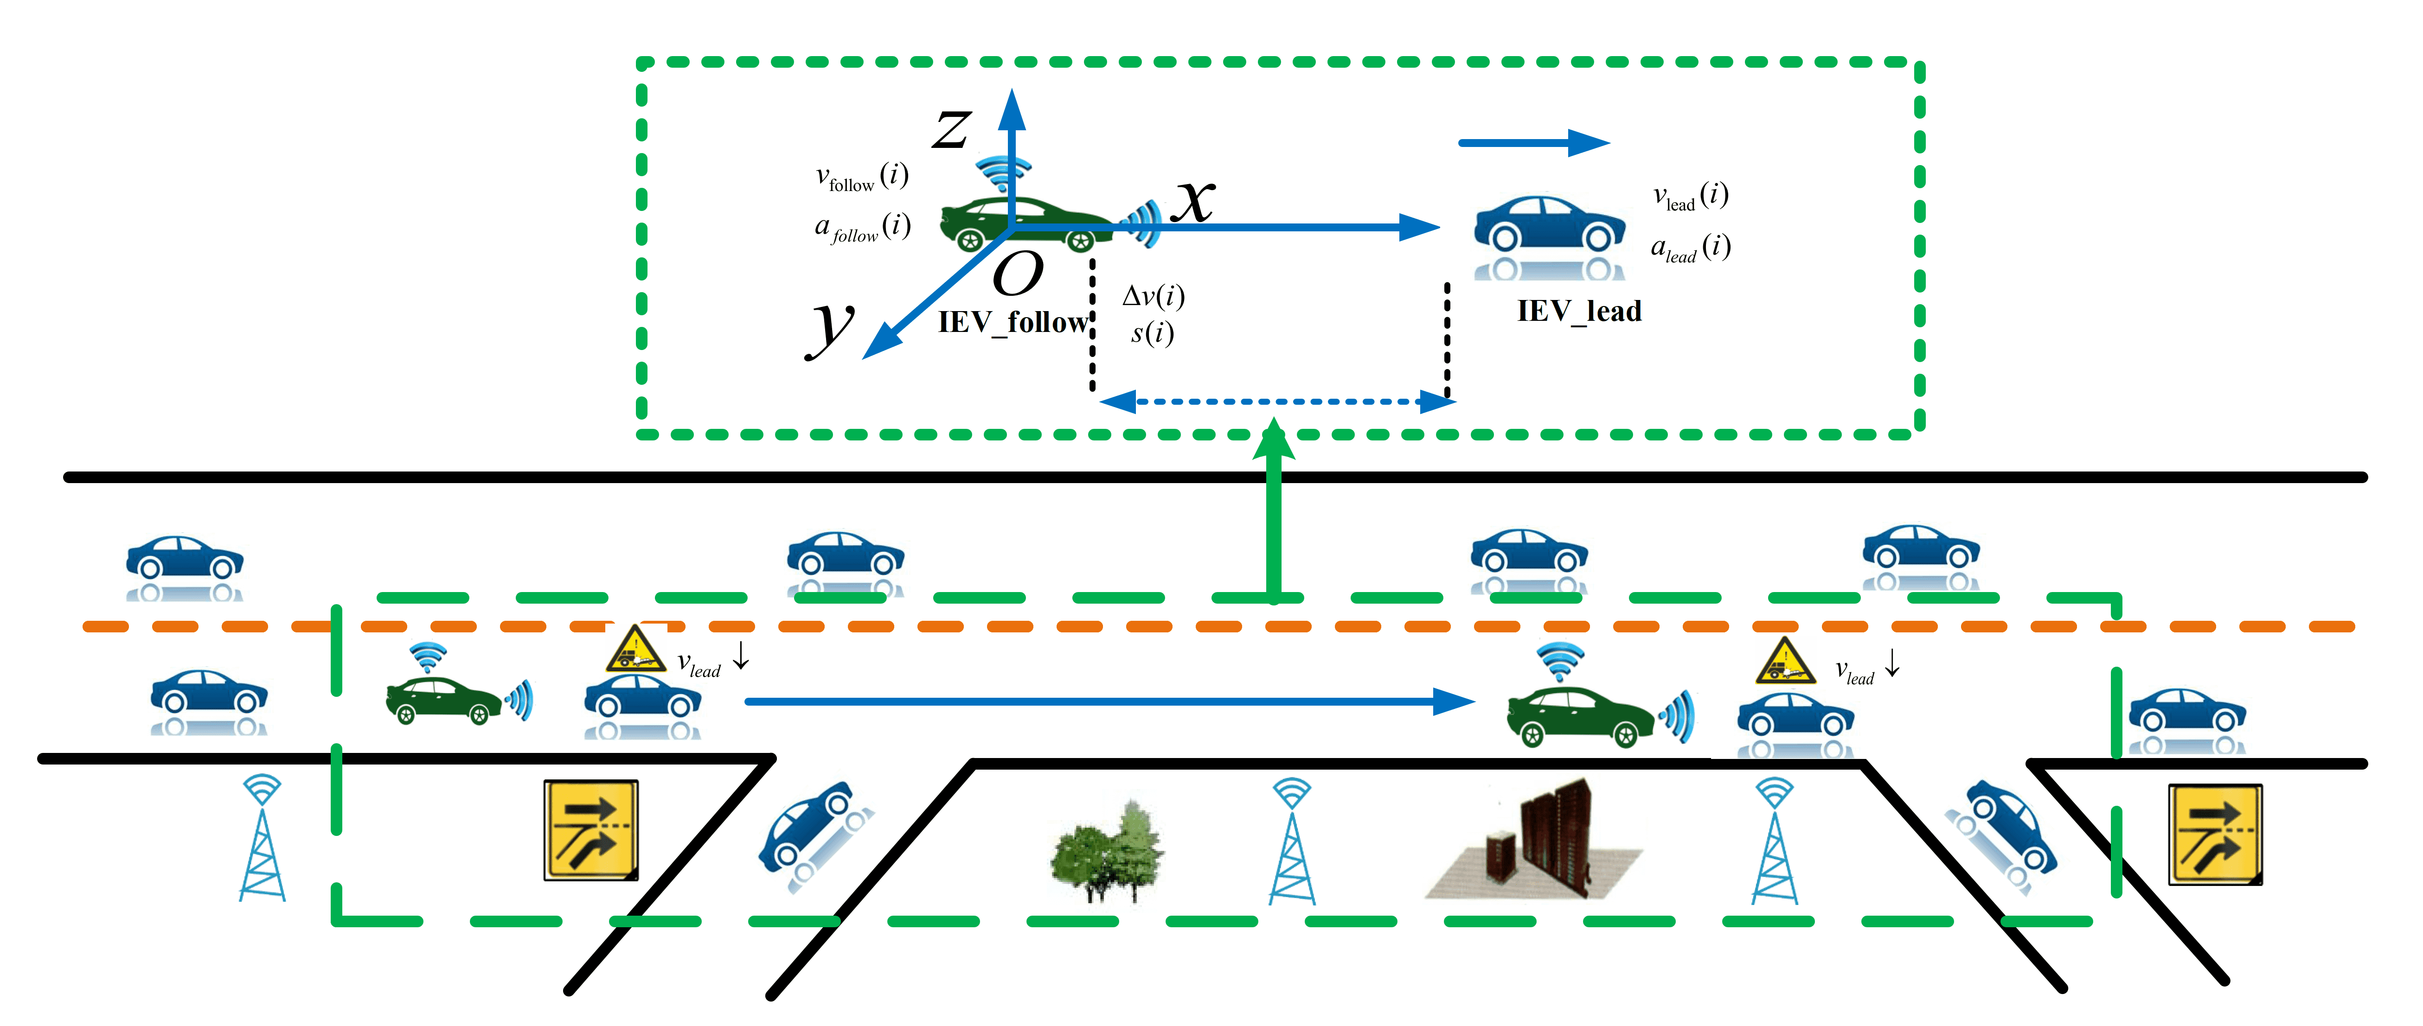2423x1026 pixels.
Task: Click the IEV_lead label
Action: (1579, 311)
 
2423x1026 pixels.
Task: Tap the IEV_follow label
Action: (1013, 323)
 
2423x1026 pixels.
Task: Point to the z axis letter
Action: (952, 129)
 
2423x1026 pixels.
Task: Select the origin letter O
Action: (1018, 274)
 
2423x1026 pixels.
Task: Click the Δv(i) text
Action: (1153, 296)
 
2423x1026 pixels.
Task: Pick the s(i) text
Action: (1152, 333)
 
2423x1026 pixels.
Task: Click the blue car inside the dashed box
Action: (1549, 237)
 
